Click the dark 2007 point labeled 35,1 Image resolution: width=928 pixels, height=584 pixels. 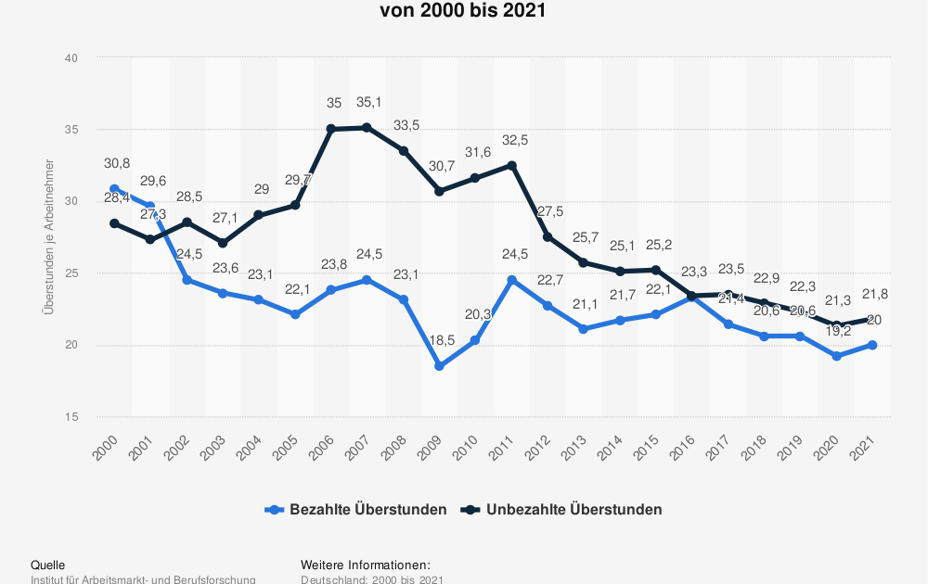pos(367,127)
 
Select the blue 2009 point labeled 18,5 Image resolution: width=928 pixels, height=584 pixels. pos(439,366)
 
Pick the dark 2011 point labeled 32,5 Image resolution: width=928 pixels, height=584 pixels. pos(511,165)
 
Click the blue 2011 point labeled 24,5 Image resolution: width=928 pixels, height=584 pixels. pos(511,280)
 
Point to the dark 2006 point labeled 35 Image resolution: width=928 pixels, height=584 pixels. pos(330,129)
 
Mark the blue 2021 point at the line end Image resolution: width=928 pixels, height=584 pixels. pos(872,345)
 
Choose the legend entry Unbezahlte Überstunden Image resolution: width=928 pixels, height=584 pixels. pos(562,509)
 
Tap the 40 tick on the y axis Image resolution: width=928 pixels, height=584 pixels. pos(71,57)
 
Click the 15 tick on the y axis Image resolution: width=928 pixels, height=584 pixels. pos(71,416)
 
